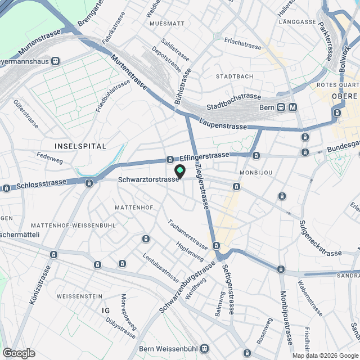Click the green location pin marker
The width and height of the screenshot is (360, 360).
tap(180, 170)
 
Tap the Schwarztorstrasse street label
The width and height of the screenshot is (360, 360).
tap(148, 180)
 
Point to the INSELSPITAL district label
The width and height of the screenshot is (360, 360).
tap(80, 146)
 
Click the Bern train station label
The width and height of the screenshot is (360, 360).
tap(267, 107)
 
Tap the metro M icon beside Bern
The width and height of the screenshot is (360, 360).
tap(292, 107)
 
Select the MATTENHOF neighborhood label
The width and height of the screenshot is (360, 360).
tap(133, 208)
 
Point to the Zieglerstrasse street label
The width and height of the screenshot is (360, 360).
tap(201, 187)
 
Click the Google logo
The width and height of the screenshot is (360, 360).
tap(19, 353)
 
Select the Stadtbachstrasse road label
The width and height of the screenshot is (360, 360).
tap(234, 101)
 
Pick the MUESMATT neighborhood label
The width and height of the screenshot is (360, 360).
tap(167, 24)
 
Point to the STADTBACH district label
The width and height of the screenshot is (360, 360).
tap(235, 76)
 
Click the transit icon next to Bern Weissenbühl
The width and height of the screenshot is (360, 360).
tap(205, 349)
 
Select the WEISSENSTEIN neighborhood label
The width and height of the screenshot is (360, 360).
tap(79, 296)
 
